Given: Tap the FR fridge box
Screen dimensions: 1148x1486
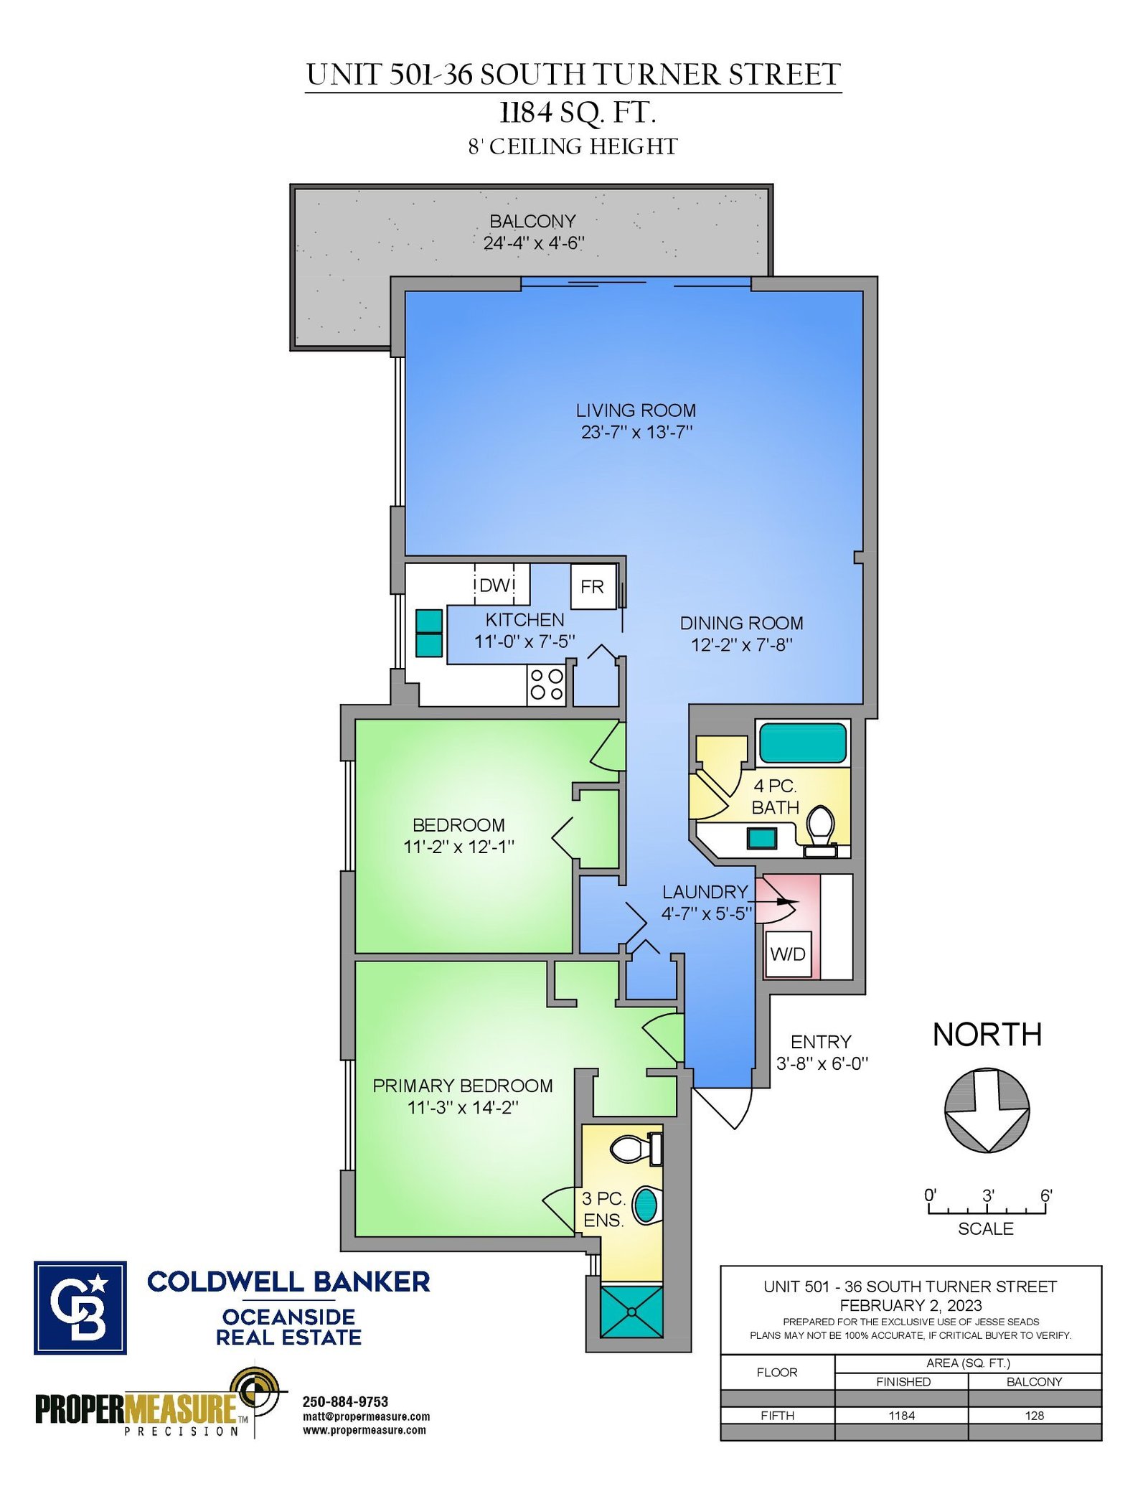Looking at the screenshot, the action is pos(593,587).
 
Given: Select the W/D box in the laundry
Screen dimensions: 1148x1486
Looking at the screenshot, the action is pos(788,954).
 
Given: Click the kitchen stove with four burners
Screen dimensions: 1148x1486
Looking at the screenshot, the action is pos(546,685).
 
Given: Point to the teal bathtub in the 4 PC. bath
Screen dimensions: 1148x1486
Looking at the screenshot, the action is pos(803,743).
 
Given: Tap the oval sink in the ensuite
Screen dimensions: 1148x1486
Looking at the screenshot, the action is pos(646,1205).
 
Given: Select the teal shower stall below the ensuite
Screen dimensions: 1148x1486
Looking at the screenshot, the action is pos(631,1312).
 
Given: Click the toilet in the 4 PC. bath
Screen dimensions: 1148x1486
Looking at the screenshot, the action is pos(820,831).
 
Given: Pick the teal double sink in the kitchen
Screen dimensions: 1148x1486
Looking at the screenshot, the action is pos(429,633).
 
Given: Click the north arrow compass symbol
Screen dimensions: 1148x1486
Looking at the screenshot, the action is pos(987,1110).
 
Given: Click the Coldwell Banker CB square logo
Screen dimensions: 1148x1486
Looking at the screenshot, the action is pos(80,1308).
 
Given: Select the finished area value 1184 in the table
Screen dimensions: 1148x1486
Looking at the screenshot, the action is pos(902,1416).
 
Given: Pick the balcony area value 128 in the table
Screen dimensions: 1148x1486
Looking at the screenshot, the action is pos(1035,1416).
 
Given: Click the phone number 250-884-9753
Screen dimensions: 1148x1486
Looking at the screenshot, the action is pos(345,1402).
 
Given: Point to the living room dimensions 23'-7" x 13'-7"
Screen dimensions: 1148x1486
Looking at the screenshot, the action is pos(636,432).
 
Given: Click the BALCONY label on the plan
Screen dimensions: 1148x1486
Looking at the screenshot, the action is pos(532,221).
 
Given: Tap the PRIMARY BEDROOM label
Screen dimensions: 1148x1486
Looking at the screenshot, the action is pos(463,1086).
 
